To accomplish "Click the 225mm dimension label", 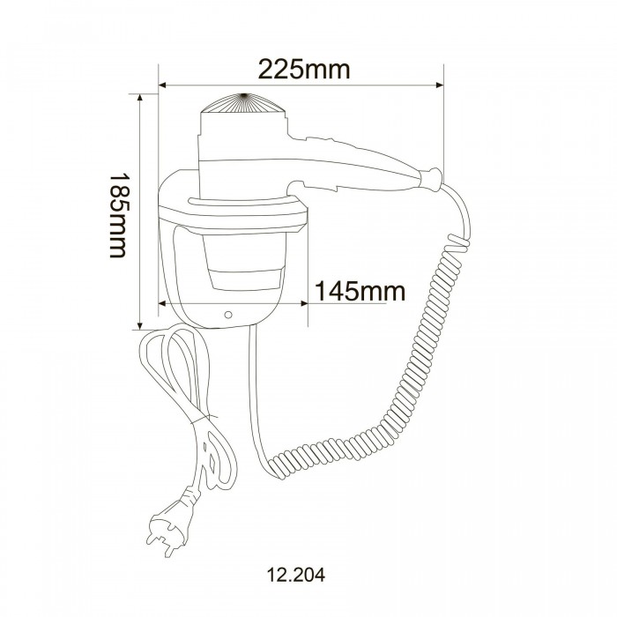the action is [304, 70].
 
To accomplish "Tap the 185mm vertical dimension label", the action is [119, 215].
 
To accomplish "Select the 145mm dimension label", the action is [360, 291].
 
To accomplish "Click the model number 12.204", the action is [296, 575].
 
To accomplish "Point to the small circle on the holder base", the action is [227, 315].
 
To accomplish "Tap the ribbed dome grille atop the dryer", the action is [243, 103].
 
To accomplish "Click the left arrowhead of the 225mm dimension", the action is [162, 85].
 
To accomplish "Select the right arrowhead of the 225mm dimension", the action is [440, 85].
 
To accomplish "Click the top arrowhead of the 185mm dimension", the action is [139, 98].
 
